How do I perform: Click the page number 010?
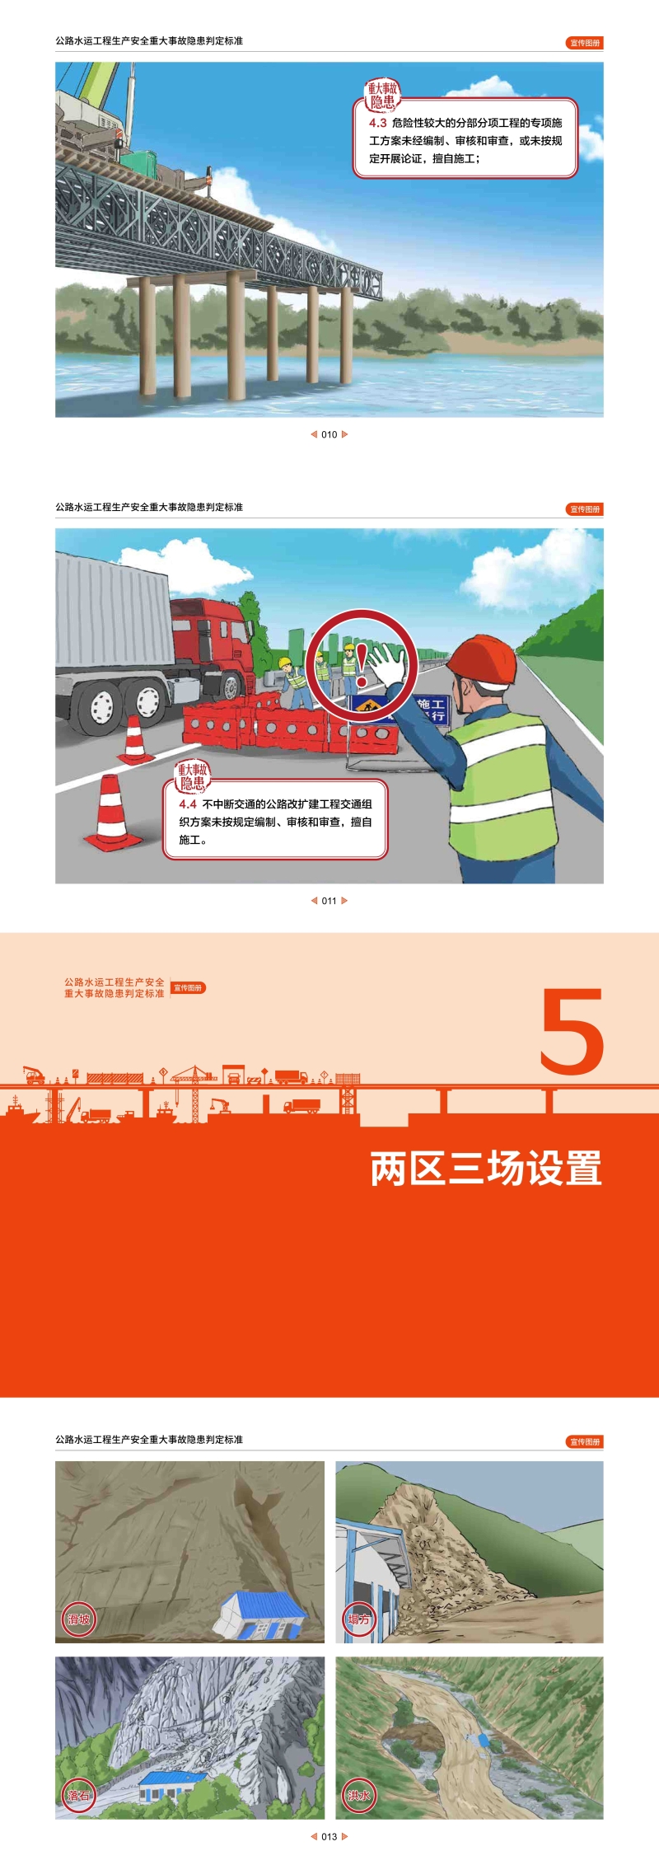(329, 434)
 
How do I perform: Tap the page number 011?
(329, 901)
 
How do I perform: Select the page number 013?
(329, 1836)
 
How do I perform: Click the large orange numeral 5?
(573, 1032)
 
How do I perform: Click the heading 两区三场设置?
(486, 1169)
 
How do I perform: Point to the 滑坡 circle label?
(79, 1619)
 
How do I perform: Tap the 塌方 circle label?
(358, 1619)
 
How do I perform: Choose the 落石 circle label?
(79, 1796)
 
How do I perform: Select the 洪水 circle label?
(358, 1796)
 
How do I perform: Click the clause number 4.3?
(377, 123)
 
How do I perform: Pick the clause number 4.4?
(188, 804)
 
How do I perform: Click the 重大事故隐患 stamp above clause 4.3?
(382, 96)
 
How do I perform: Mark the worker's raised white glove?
(387, 663)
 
